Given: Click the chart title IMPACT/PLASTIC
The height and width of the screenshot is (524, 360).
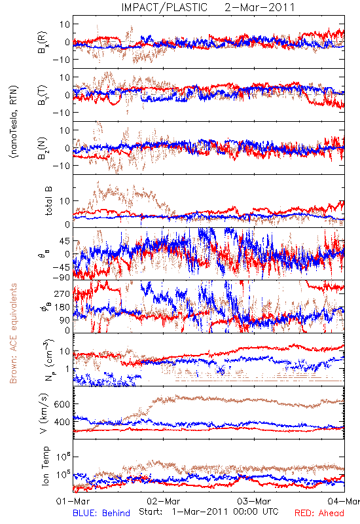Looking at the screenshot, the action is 164,7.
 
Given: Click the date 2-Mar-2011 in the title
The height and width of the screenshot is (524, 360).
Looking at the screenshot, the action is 260,7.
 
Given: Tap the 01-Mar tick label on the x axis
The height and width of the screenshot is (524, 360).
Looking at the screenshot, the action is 73,501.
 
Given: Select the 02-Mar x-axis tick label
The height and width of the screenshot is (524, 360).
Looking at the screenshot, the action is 164,501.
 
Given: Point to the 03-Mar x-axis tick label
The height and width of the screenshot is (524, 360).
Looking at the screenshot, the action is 254,501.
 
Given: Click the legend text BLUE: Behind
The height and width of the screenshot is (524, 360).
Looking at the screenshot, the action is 101,513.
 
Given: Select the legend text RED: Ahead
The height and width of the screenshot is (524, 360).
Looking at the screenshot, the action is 319,513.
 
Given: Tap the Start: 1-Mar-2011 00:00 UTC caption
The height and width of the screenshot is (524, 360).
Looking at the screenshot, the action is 208,512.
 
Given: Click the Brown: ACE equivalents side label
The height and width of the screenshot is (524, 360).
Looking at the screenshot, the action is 13,333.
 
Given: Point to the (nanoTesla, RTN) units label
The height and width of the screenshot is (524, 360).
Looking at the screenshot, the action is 14,121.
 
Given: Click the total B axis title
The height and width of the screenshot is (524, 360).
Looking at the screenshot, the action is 48,201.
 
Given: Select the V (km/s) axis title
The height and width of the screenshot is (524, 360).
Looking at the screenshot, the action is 45,413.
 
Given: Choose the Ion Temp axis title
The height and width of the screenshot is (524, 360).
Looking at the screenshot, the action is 46,466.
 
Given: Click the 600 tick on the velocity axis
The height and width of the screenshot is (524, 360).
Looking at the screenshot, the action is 62,404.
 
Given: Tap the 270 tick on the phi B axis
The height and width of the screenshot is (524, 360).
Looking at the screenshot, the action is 62,293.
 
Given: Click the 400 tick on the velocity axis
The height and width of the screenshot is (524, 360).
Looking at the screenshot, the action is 62,422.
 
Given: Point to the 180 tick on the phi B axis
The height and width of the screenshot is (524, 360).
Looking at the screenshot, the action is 62,307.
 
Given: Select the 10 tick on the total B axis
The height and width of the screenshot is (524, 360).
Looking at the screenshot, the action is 65,201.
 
